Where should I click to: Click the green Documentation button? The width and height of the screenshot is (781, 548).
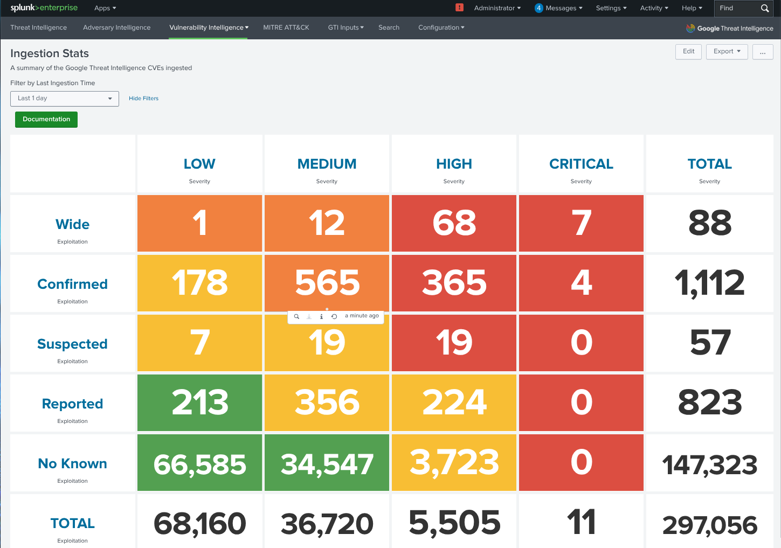[x=46, y=119]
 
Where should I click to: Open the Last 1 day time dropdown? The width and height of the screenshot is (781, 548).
[x=65, y=99]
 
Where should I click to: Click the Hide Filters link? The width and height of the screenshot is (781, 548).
[x=143, y=99]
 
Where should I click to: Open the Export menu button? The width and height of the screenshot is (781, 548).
[x=727, y=52]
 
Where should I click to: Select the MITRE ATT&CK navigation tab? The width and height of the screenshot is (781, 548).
[x=286, y=27]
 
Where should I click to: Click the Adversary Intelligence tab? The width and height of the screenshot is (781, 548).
[x=116, y=27]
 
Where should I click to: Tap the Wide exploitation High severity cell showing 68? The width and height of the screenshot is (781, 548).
[x=454, y=223]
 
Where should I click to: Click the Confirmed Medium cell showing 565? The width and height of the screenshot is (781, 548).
[x=327, y=283]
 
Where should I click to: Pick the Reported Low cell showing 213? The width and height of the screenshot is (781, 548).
[x=199, y=403]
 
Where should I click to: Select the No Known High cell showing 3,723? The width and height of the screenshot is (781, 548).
[x=454, y=462]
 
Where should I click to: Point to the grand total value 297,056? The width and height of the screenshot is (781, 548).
[x=709, y=525]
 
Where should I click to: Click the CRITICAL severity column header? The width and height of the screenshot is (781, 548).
[x=581, y=164]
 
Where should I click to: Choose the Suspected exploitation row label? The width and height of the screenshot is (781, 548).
[x=72, y=344]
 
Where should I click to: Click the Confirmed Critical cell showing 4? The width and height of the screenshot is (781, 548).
[x=581, y=283]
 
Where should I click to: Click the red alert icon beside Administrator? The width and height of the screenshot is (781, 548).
[x=459, y=8]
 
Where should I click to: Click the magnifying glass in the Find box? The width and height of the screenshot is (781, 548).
[x=764, y=8]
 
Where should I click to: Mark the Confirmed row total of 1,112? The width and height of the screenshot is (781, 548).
[x=709, y=283]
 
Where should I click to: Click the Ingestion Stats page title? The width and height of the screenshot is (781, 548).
[x=50, y=53]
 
